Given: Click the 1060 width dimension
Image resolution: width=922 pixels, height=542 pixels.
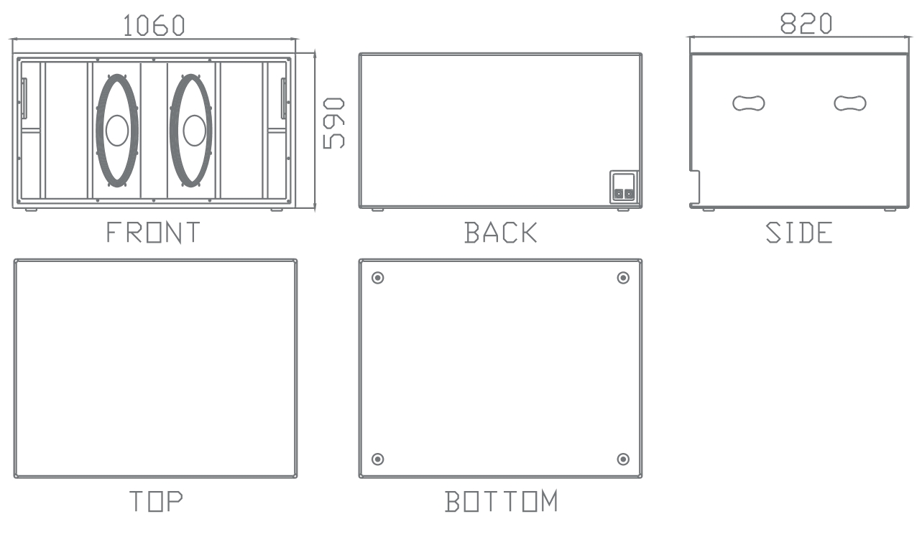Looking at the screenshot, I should pos(154,25).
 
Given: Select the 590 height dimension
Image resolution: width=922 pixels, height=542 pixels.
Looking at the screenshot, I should pos(333,123).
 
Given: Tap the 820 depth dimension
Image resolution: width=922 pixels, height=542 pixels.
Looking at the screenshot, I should pos(806,24).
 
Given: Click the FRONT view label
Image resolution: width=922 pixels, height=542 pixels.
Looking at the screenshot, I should pos(154,233).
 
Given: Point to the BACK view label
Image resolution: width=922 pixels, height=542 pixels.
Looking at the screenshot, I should pos(501,233).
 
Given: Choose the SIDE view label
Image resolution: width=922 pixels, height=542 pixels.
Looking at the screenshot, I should pos(798,233).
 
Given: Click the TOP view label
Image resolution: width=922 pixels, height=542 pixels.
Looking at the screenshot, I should pos(156,501).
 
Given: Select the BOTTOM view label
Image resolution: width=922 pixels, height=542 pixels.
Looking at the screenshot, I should pos(501,501).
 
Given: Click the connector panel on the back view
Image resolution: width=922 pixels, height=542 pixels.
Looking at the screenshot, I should pos(623,187).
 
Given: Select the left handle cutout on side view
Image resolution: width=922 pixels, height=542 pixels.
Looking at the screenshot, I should pos(749,103).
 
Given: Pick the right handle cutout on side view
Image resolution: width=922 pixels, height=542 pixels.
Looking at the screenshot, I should pos(850,103).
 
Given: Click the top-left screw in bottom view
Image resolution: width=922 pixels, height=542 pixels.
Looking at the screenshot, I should pos(378,278).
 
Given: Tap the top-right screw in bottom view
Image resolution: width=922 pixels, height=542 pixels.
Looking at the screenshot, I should pos(623,278).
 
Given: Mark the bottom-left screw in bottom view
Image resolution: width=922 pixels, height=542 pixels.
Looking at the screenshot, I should pos(378,459).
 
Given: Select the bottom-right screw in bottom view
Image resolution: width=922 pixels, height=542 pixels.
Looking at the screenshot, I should pos(623,459).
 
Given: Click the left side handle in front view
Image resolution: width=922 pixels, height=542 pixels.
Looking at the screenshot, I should pos(24,98).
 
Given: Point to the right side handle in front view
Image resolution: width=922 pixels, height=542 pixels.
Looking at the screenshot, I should pos(284,98).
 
